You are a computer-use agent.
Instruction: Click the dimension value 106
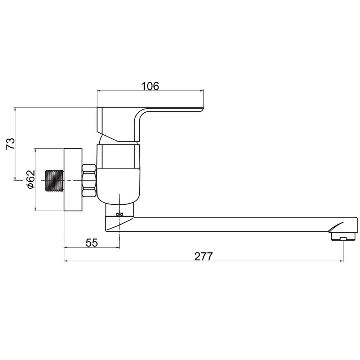pyautogui.click(x=150, y=86)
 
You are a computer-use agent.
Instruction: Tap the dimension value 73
pyautogui.click(x=10, y=144)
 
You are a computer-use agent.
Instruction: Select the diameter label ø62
pyautogui.click(x=31, y=179)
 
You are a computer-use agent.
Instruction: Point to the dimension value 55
pyautogui.click(x=92, y=242)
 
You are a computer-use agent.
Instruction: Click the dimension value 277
pyautogui.click(x=204, y=256)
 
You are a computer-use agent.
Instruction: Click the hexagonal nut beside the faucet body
pyautogui.click(x=89, y=181)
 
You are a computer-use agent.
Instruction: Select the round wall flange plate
pyautogui.click(x=73, y=179)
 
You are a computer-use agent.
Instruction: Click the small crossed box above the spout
pyautogui.click(x=120, y=215)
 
